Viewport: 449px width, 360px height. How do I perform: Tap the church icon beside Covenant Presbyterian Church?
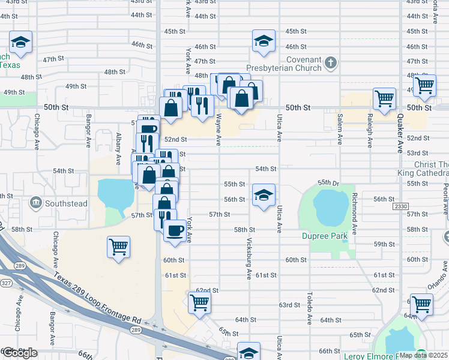331,62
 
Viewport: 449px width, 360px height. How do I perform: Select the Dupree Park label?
325,236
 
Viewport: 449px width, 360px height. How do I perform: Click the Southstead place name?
67,204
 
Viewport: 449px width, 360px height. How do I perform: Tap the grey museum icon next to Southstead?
35,203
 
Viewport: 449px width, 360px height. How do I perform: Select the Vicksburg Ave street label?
250,258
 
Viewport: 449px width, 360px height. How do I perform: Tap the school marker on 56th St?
264,195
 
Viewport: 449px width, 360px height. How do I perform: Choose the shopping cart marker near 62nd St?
199,302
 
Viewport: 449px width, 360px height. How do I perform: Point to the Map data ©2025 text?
423,355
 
